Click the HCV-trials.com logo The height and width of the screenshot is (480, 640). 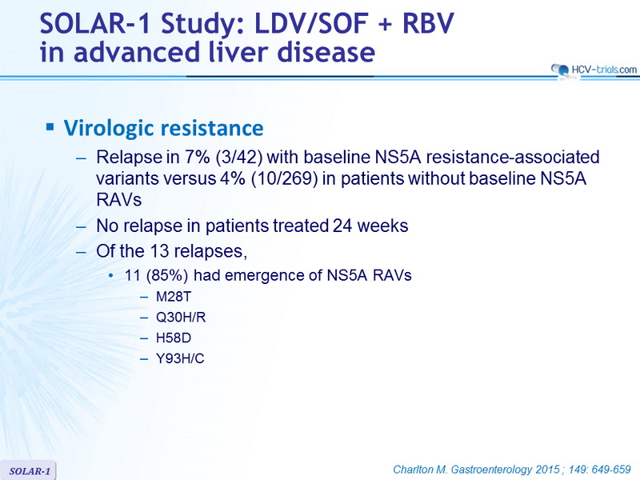(x=594, y=70)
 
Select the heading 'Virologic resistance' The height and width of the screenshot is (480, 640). (x=164, y=128)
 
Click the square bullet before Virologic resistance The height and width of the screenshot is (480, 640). (x=50, y=127)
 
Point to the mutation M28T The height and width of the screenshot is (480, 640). (x=174, y=296)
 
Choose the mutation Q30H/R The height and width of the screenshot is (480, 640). (x=181, y=317)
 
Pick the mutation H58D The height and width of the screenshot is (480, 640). (x=174, y=338)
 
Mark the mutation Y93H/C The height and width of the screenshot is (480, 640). (x=180, y=358)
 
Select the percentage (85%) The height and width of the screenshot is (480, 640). (x=167, y=275)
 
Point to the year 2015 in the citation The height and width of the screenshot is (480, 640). (x=547, y=470)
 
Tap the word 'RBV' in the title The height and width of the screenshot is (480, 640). (x=428, y=24)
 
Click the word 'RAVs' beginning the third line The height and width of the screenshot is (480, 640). (x=118, y=200)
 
